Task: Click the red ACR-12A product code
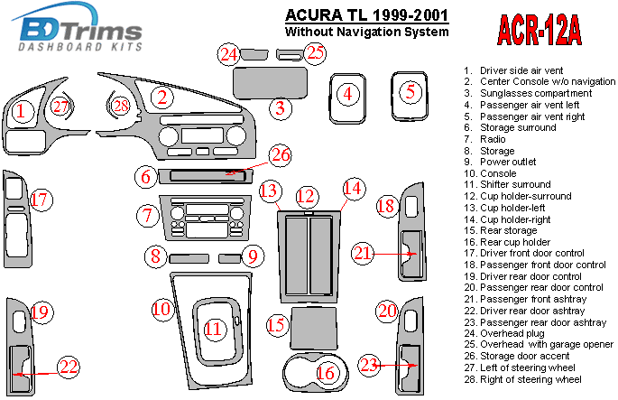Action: coord(539,28)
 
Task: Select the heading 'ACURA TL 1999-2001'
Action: coord(366,15)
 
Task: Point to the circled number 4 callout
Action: coord(346,93)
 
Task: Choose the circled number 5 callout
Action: coord(410,91)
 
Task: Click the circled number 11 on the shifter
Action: coord(214,330)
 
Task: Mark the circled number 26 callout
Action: coord(281,155)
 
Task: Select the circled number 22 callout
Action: coord(69,367)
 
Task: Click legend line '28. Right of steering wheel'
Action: coord(523,379)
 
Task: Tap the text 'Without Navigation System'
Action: coord(366,33)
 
